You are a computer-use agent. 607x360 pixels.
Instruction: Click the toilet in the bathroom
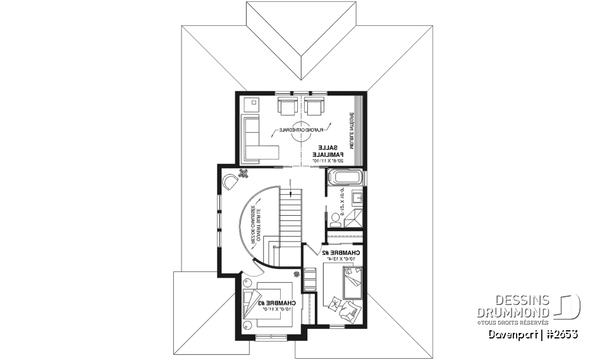click(335, 215)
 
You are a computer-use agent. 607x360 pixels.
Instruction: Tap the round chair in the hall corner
click(231, 182)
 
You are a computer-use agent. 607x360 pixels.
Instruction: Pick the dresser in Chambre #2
click(310, 278)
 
